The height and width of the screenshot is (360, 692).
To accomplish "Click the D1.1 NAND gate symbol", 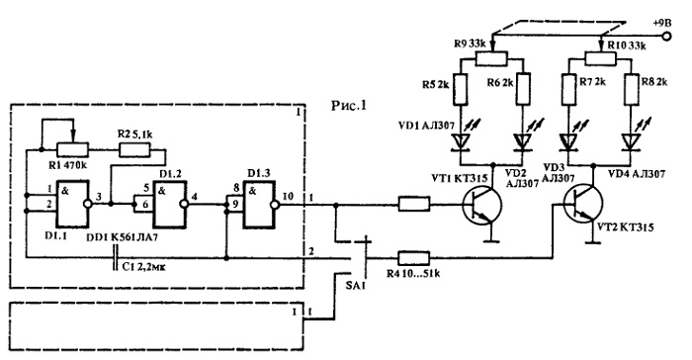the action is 71,203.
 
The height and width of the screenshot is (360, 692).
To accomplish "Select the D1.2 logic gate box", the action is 169,204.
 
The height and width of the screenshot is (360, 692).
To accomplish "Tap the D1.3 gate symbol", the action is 260,205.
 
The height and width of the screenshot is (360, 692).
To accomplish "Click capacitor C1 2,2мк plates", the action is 116,258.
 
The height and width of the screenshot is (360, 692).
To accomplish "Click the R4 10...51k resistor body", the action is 413,258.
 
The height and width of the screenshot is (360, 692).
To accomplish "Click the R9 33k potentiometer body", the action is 491,58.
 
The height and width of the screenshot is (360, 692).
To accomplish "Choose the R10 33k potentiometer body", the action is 600,58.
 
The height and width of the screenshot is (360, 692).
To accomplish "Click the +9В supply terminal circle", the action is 666,37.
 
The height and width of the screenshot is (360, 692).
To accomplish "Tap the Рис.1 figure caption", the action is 349,106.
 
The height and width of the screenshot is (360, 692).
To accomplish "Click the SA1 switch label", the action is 356,282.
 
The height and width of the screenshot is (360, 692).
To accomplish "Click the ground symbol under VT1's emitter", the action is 489,241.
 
